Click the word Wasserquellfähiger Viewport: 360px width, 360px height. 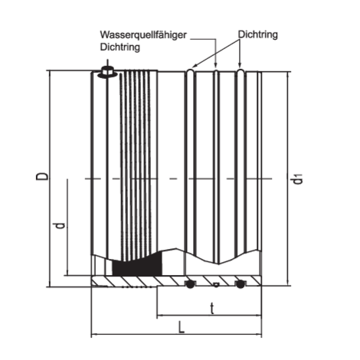143,35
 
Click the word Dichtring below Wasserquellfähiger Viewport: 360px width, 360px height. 120,47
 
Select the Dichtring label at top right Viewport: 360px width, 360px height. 258,34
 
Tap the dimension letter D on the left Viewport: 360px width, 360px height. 42,176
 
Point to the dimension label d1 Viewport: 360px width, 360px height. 297,178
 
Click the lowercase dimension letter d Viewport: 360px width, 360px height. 61,226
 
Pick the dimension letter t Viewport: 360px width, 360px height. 212,308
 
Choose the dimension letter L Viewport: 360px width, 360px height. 181,327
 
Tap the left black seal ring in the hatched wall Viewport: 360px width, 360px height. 190,284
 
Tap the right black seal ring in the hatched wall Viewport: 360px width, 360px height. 239,284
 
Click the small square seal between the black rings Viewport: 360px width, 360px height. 216,285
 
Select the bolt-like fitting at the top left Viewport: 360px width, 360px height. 107,71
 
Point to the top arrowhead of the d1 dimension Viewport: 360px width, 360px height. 289,75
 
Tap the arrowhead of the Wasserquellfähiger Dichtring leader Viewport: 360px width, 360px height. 216,66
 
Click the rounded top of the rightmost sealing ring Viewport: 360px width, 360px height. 240,70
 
